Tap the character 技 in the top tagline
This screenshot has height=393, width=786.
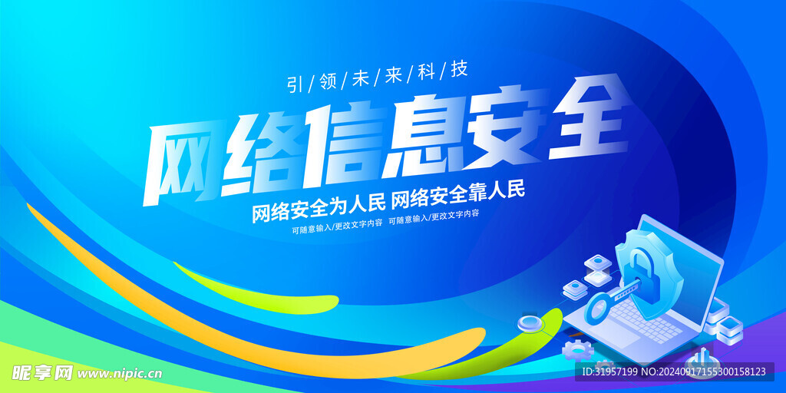(x=459, y=70)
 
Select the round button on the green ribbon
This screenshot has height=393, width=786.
(x=530, y=323)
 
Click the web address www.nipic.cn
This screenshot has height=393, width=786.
(x=120, y=374)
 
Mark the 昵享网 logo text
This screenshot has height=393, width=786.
(x=42, y=372)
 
